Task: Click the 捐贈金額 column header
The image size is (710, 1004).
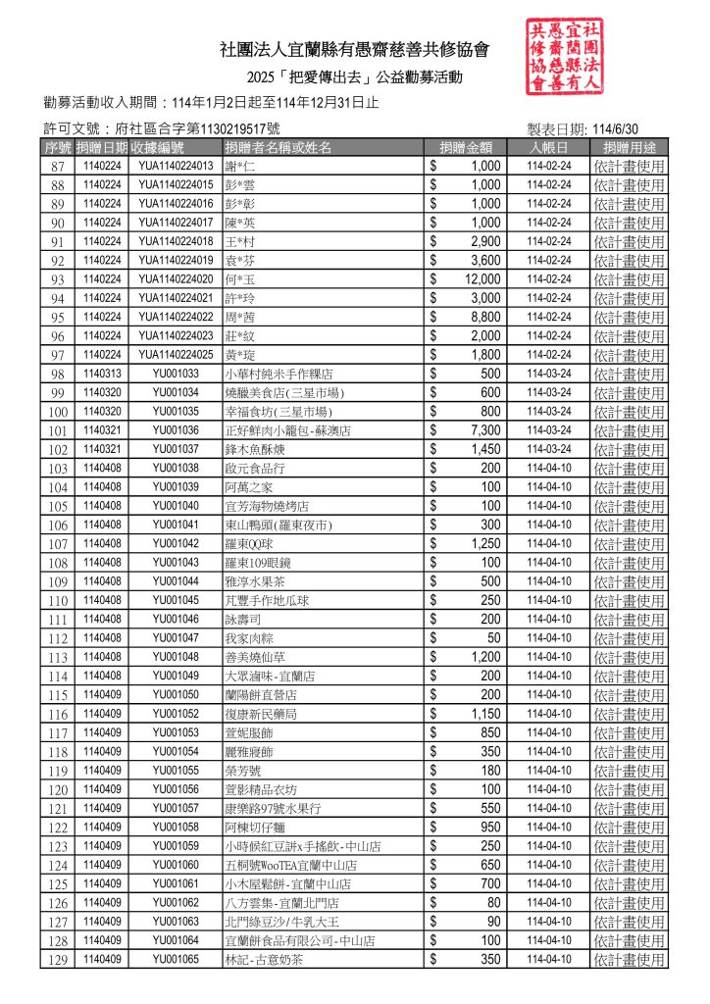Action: (466, 147)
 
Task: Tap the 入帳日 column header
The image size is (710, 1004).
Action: (549, 147)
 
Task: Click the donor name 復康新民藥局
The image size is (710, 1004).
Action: (261, 714)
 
